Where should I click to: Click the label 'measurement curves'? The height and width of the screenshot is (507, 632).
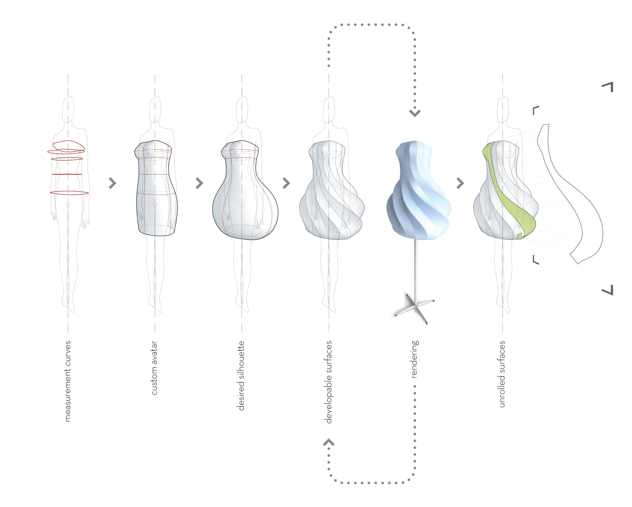click(x=68, y=381)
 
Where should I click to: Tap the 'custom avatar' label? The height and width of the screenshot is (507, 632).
click(x=154, y=368)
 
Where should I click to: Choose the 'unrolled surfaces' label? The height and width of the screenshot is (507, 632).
click(x=502, y=374)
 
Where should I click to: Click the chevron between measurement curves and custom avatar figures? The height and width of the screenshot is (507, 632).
click(x=112, y=183)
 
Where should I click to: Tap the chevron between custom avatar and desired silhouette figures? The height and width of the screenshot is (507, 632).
click(x=199, y=183)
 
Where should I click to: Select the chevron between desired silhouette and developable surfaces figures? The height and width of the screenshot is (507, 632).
click(x=286, y=183)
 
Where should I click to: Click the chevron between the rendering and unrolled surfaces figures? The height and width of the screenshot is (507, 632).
click(x=460, y=183)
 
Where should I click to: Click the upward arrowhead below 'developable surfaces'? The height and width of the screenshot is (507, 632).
click(x=329, y=442)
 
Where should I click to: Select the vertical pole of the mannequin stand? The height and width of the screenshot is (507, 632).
click(x=415, y=270)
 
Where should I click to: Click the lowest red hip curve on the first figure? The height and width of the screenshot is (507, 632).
click(x=69, y=193)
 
